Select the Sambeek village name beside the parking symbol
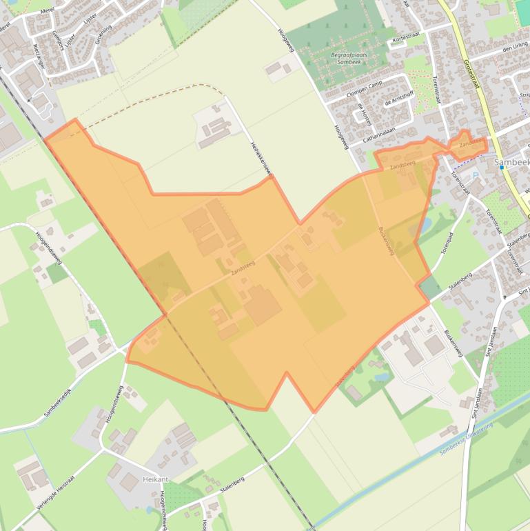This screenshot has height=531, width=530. pos(511,162)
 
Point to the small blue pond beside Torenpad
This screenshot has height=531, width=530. pos(425,225)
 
